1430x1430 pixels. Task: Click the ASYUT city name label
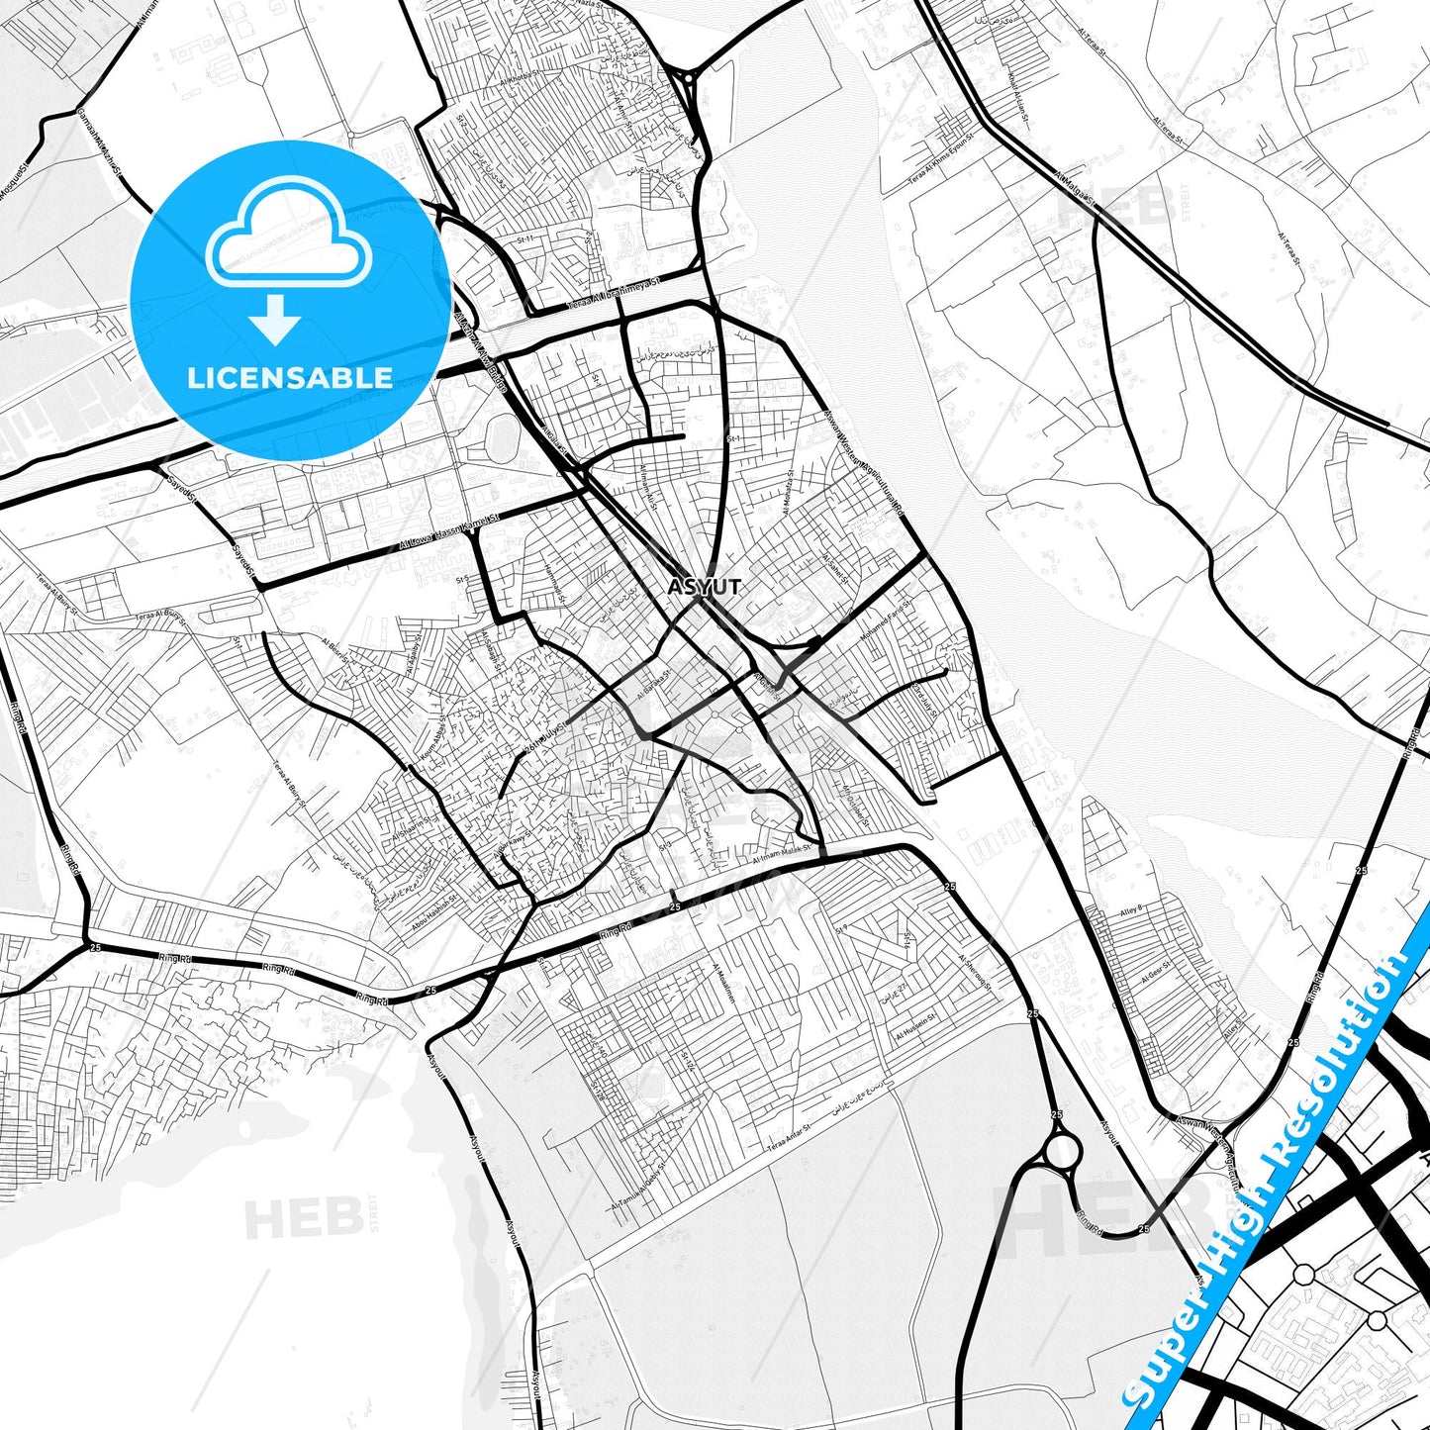point(704,587)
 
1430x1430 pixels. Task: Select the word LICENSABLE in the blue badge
point(290,378)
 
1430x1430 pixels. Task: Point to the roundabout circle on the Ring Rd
point(1062,1151)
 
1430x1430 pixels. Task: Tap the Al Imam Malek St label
point(782,854)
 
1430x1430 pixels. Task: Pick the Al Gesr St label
point(1155,970)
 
